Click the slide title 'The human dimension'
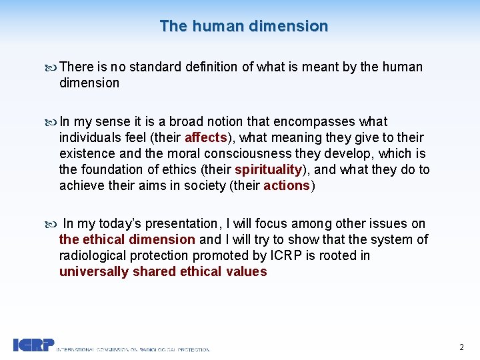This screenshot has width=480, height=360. tap(244, 26)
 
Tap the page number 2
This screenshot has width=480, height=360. tap(461, 347)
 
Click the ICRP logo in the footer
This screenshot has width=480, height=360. tap(33, 345)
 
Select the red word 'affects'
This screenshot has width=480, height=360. tap(207, 138)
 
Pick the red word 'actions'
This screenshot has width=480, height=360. tap(287, 186)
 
